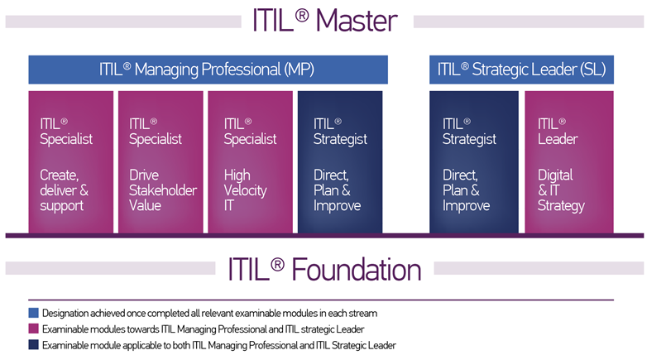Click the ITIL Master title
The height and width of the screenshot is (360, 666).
325,20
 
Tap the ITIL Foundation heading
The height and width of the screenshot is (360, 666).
324,270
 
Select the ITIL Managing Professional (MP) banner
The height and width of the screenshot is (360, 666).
208,70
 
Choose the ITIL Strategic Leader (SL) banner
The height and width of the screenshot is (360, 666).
521,70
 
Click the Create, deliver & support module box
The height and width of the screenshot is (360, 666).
71,162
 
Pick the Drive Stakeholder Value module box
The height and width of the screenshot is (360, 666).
161,162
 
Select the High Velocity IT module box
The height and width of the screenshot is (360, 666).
250,162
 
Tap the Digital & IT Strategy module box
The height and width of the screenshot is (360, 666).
569,162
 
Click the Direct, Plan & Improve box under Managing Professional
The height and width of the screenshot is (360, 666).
340,162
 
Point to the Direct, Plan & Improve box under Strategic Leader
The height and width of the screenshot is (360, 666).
474,162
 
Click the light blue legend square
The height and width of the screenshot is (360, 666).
34,314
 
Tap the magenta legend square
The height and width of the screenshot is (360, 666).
34,329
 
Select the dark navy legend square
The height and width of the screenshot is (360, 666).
34,345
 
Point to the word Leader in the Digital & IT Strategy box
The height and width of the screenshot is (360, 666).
558,139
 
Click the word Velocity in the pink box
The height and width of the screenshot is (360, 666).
246,190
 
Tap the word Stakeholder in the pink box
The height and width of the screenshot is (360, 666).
163,190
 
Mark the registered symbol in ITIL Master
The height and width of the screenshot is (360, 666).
302,16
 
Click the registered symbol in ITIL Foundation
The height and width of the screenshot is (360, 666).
277,264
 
